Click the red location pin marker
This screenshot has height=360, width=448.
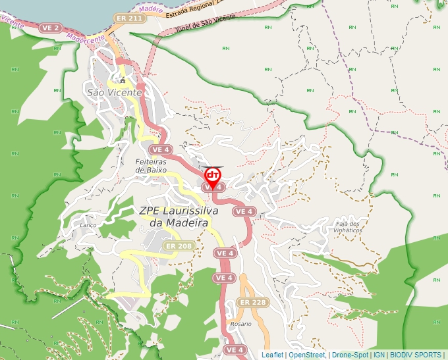coord(213,176)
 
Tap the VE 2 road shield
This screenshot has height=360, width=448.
coord(51,28)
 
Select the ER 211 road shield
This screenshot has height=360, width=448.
coord(129,18)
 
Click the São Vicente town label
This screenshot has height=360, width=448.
coord(115,93)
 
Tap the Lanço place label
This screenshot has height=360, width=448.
coord(88,225)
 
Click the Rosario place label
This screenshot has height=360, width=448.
coord(241,324)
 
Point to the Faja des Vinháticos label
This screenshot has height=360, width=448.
coord(349,227)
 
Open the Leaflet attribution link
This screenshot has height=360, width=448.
coord(272,355)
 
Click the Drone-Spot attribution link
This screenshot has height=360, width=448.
coord(349,355)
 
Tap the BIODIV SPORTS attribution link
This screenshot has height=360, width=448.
coord(415,355)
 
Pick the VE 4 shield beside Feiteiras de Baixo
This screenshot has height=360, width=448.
coord(163,149)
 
